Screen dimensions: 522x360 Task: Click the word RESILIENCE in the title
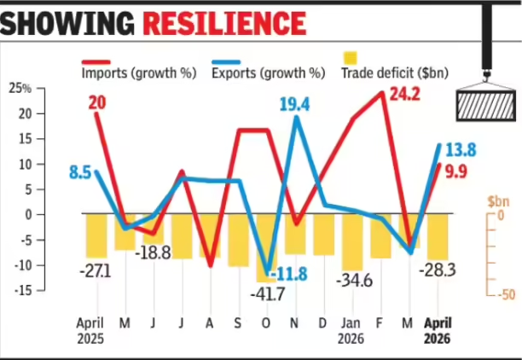(224, 23)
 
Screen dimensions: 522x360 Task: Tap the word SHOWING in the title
(67, 23)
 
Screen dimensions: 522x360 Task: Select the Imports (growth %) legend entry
(139, 70)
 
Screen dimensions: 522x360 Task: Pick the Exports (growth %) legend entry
(269, 70)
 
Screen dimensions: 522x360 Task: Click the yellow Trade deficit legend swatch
(351, 58)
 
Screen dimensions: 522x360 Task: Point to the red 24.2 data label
(404, 95)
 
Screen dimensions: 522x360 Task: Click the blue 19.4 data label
(294, 104)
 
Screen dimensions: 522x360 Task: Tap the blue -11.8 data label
(288, 275)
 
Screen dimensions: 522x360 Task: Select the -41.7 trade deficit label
(268, 294)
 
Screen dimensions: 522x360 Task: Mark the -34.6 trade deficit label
(354, 281)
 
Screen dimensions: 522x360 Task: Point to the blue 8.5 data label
(80, 173)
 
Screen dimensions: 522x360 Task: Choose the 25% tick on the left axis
(20, 89)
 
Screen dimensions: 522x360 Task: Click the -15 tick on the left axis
(23, 291)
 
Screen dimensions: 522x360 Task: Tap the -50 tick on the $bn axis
(507, 294)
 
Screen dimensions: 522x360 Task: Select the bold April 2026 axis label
(438, 330)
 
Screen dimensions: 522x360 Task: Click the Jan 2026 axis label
(351, 330)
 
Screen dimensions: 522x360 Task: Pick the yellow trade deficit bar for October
(267, 247)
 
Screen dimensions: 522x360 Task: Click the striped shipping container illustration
(486, 106)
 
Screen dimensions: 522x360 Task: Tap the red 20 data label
(97, 103)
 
